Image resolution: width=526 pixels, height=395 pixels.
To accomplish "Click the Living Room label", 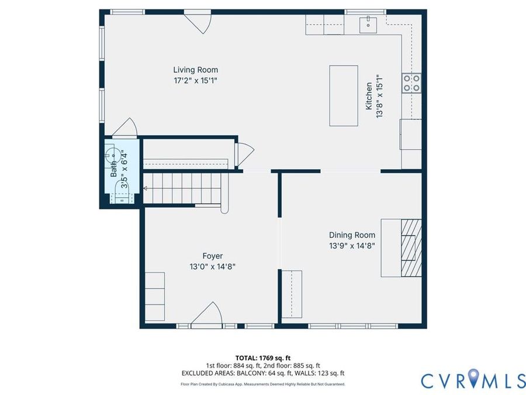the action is (x=196, y=70).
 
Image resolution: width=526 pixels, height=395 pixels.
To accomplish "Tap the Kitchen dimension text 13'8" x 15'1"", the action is (x=379, y=96).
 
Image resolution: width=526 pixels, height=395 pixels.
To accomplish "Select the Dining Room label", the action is (x=352, y=235).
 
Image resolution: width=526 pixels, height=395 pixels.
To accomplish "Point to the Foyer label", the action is (x=213, y=256).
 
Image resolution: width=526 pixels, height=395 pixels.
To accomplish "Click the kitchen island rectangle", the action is (x=344, y=96).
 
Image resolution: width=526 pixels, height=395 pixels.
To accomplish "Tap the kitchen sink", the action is (x=368, y=24).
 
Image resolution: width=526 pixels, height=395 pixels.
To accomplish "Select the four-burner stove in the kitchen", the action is (x=411, y=83).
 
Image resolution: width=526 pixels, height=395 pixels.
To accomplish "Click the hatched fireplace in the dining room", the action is (x=411, y=248).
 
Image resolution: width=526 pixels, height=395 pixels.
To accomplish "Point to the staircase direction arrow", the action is (x=146, y=188).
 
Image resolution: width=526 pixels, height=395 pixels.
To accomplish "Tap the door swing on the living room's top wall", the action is (x=198, y=22).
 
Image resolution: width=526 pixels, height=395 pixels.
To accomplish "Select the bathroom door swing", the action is (x=124, y=128).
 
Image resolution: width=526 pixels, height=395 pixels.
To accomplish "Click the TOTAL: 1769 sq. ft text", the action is (x=263, y=358).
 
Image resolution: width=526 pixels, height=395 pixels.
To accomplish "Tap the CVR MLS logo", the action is (x=473, y=381).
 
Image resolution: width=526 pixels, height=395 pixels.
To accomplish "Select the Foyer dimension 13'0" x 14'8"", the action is (x=213, y=267).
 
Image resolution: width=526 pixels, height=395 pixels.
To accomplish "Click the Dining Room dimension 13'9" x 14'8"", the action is (x=352, y=246).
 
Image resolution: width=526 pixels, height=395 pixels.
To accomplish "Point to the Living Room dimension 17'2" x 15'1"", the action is (x=196, y=81).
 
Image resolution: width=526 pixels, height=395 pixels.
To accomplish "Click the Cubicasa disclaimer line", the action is (x=263, y=384).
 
